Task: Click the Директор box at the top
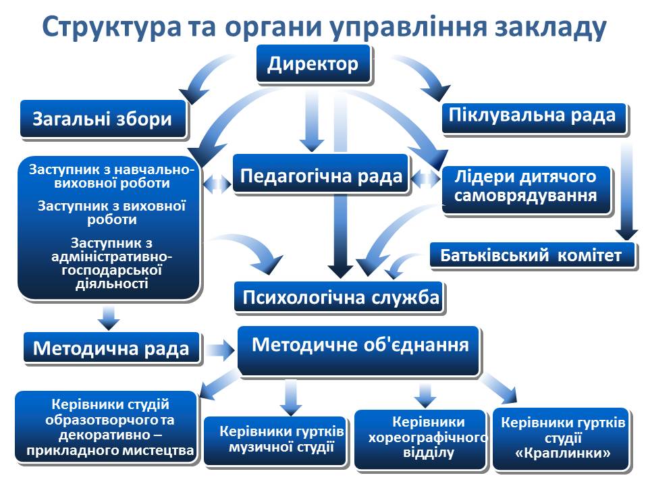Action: pyautogui.click(x=313, y=65)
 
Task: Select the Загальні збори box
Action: pyautogui.click(x=103, y=119)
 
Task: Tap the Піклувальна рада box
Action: pyautogui.click(x=533, y=117)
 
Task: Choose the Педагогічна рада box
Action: pyautogui.click(x=321, y=176)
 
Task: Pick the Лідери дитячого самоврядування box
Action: pyautogui.click(x=526, y=187)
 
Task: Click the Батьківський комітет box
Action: pyautogui.click(x=531, y=256)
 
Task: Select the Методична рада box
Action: pyautogui.click(x=111, y=349)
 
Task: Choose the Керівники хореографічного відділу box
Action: pyautogui.click(x=419, y=437)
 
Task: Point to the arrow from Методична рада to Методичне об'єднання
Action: pyautogui.click(x=218, y=350)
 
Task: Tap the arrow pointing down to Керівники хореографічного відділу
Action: pyautogui.click(x=425, y=395)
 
